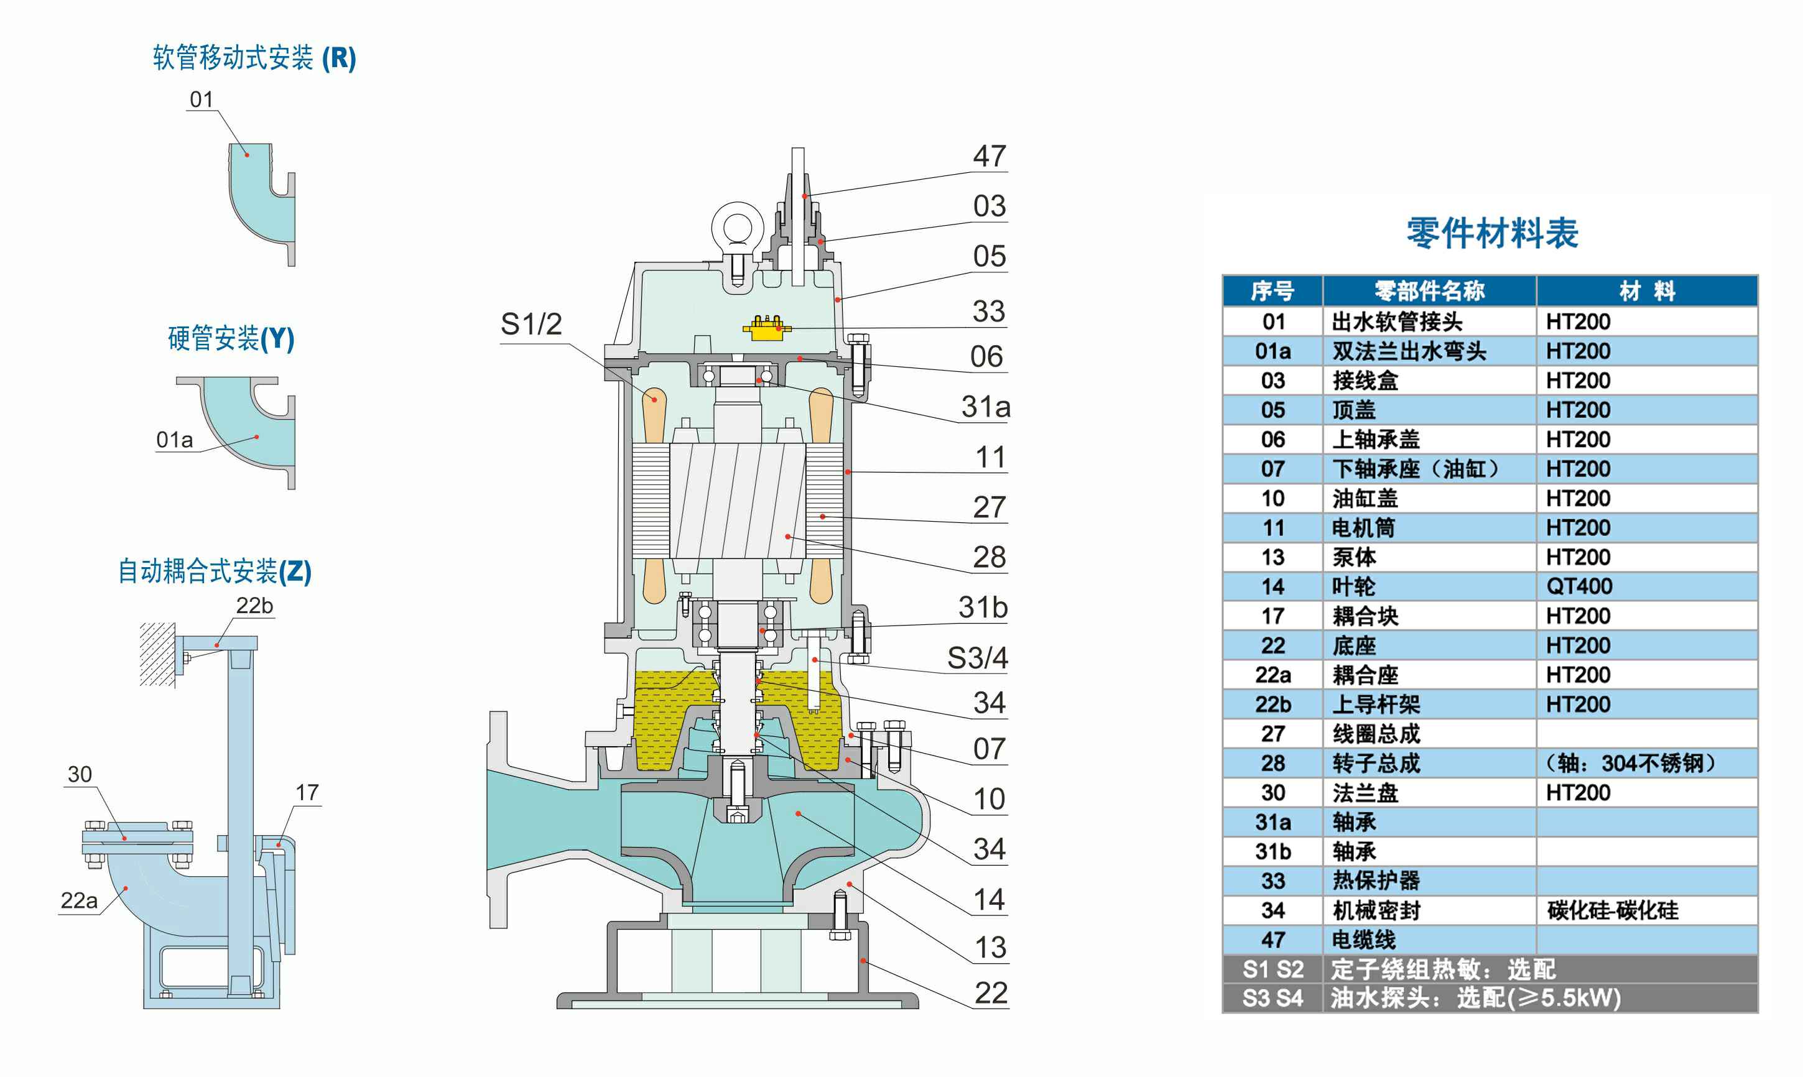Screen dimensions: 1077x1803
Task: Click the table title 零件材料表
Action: coord(1491,234)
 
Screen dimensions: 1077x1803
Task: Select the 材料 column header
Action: coord(1646,291)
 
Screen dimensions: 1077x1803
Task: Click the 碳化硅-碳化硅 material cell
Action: coord(1612,910)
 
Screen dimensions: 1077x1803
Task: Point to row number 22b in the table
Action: coord(1272,704)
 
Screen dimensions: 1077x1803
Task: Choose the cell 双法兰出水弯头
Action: coord(1408,351)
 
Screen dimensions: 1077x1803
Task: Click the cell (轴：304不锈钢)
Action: coord(1629,764)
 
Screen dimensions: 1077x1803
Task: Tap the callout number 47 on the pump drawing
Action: coord(990,157)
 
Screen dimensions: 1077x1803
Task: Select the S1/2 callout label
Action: coord(531,325)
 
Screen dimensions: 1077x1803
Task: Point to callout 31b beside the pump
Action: coord(983,608)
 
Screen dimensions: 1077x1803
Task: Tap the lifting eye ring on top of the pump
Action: coord(738,226)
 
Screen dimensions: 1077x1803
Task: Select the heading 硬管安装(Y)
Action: coord(231,338)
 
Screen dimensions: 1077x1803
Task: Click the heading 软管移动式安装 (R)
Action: coord(254,58)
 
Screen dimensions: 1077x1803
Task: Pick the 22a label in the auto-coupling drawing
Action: coord(78,900)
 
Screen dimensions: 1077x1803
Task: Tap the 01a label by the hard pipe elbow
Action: coord(174,440)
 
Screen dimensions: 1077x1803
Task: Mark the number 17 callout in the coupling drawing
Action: coord(307,792)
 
